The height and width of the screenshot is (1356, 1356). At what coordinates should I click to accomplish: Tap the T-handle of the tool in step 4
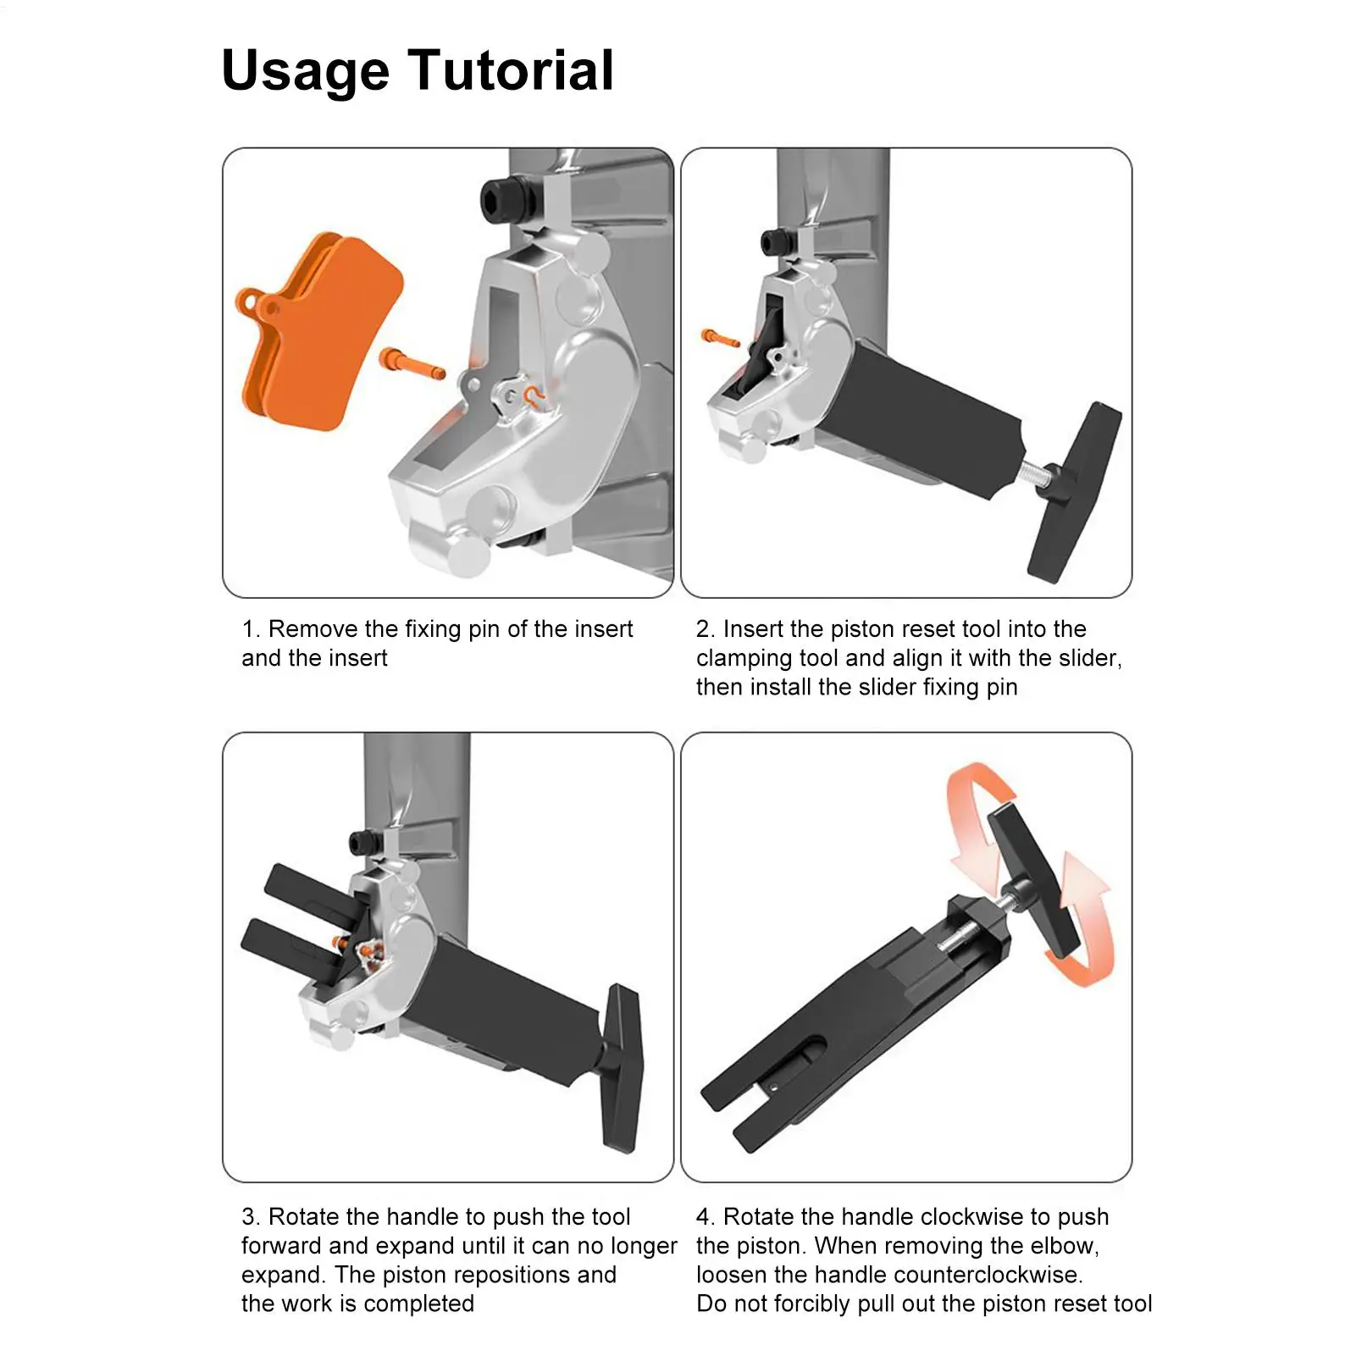[1034, 877]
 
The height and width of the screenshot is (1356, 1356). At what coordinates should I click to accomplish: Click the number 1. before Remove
[251, 629]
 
